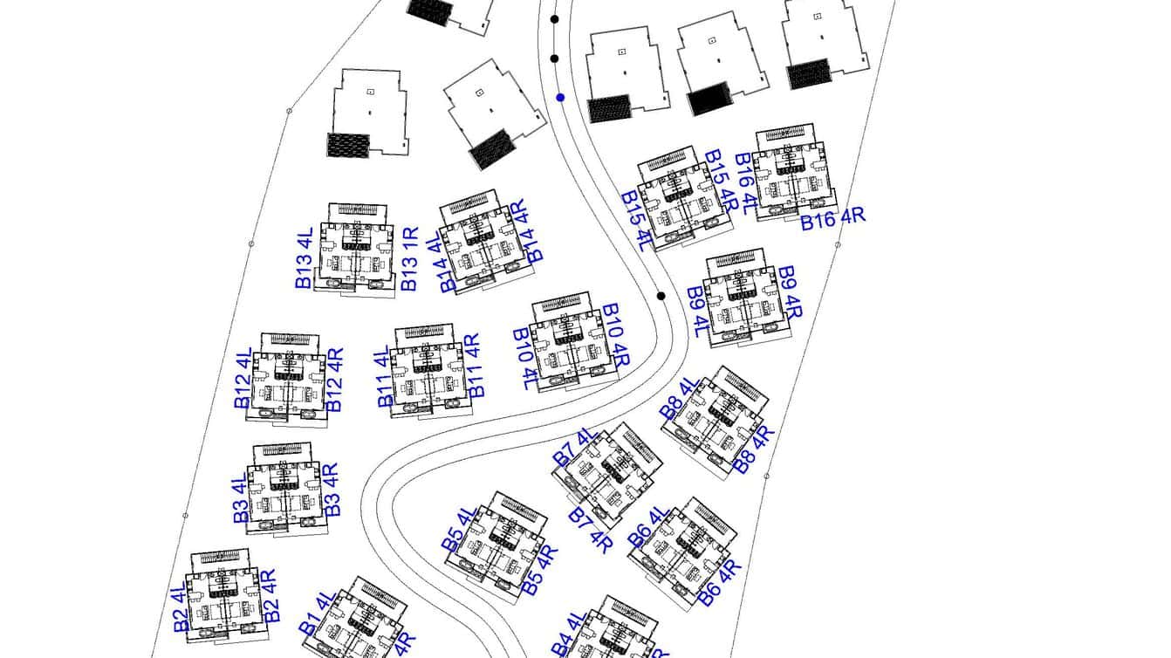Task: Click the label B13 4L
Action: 304,259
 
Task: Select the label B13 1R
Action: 410,259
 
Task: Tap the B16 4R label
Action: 833,217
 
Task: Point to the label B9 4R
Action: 790,293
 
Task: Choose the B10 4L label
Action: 527,360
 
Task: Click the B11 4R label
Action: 474,366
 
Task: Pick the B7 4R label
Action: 591,531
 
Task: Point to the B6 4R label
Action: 721,582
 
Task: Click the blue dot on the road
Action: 560,98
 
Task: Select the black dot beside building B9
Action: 661,296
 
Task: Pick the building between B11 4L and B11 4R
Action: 426,370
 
